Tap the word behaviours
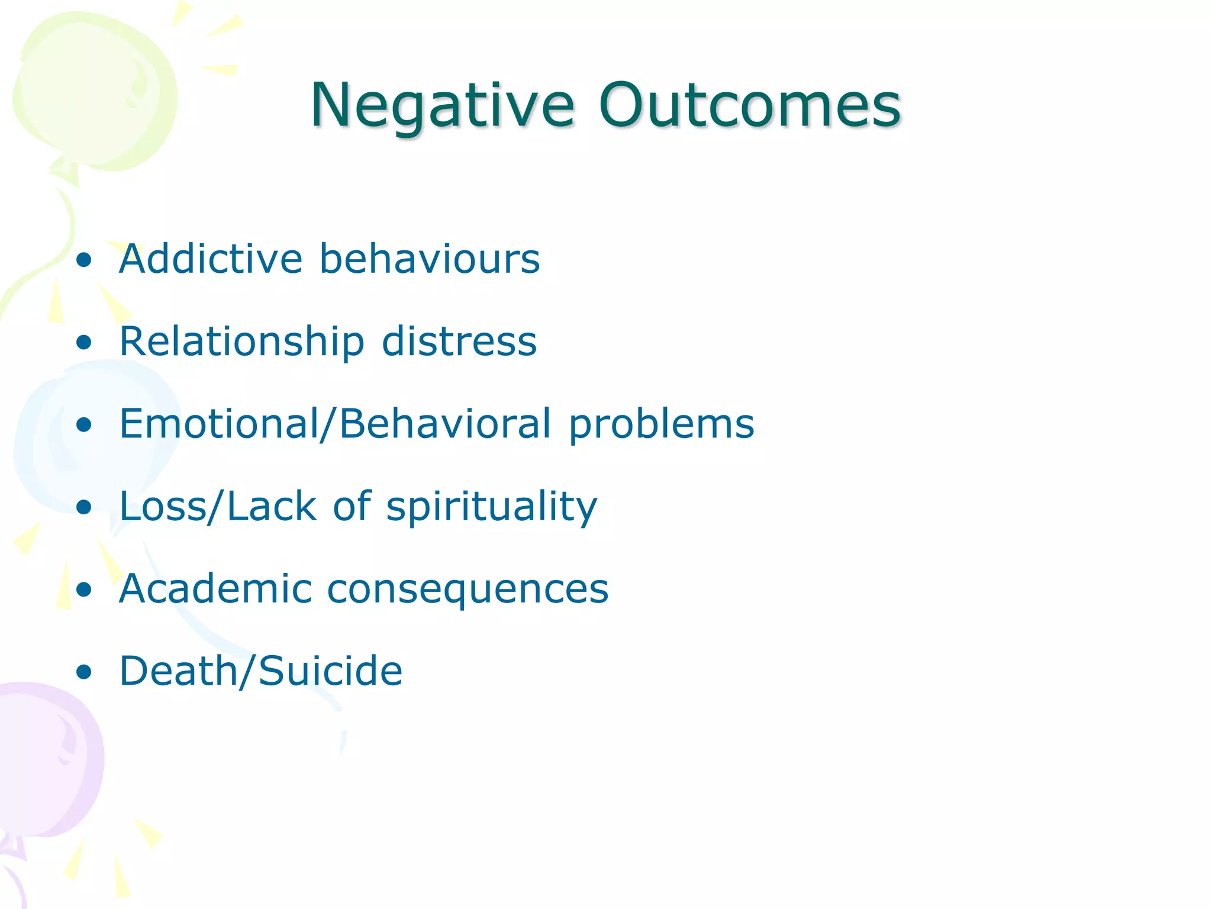coord(430,259)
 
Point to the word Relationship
coord(241,341)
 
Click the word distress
coord(459,341)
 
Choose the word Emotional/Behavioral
coord(336,424)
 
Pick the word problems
coord(662,425)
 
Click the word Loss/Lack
coord(218,506)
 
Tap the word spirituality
coord(492,507)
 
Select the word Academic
coord(215,588)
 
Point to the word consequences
coord(468,589)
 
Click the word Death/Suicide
coord(261,671)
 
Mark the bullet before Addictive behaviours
coord(85,260)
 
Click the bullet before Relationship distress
coord(85,342)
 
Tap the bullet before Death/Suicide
coord(85,672)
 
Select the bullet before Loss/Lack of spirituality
coord(85,507)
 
